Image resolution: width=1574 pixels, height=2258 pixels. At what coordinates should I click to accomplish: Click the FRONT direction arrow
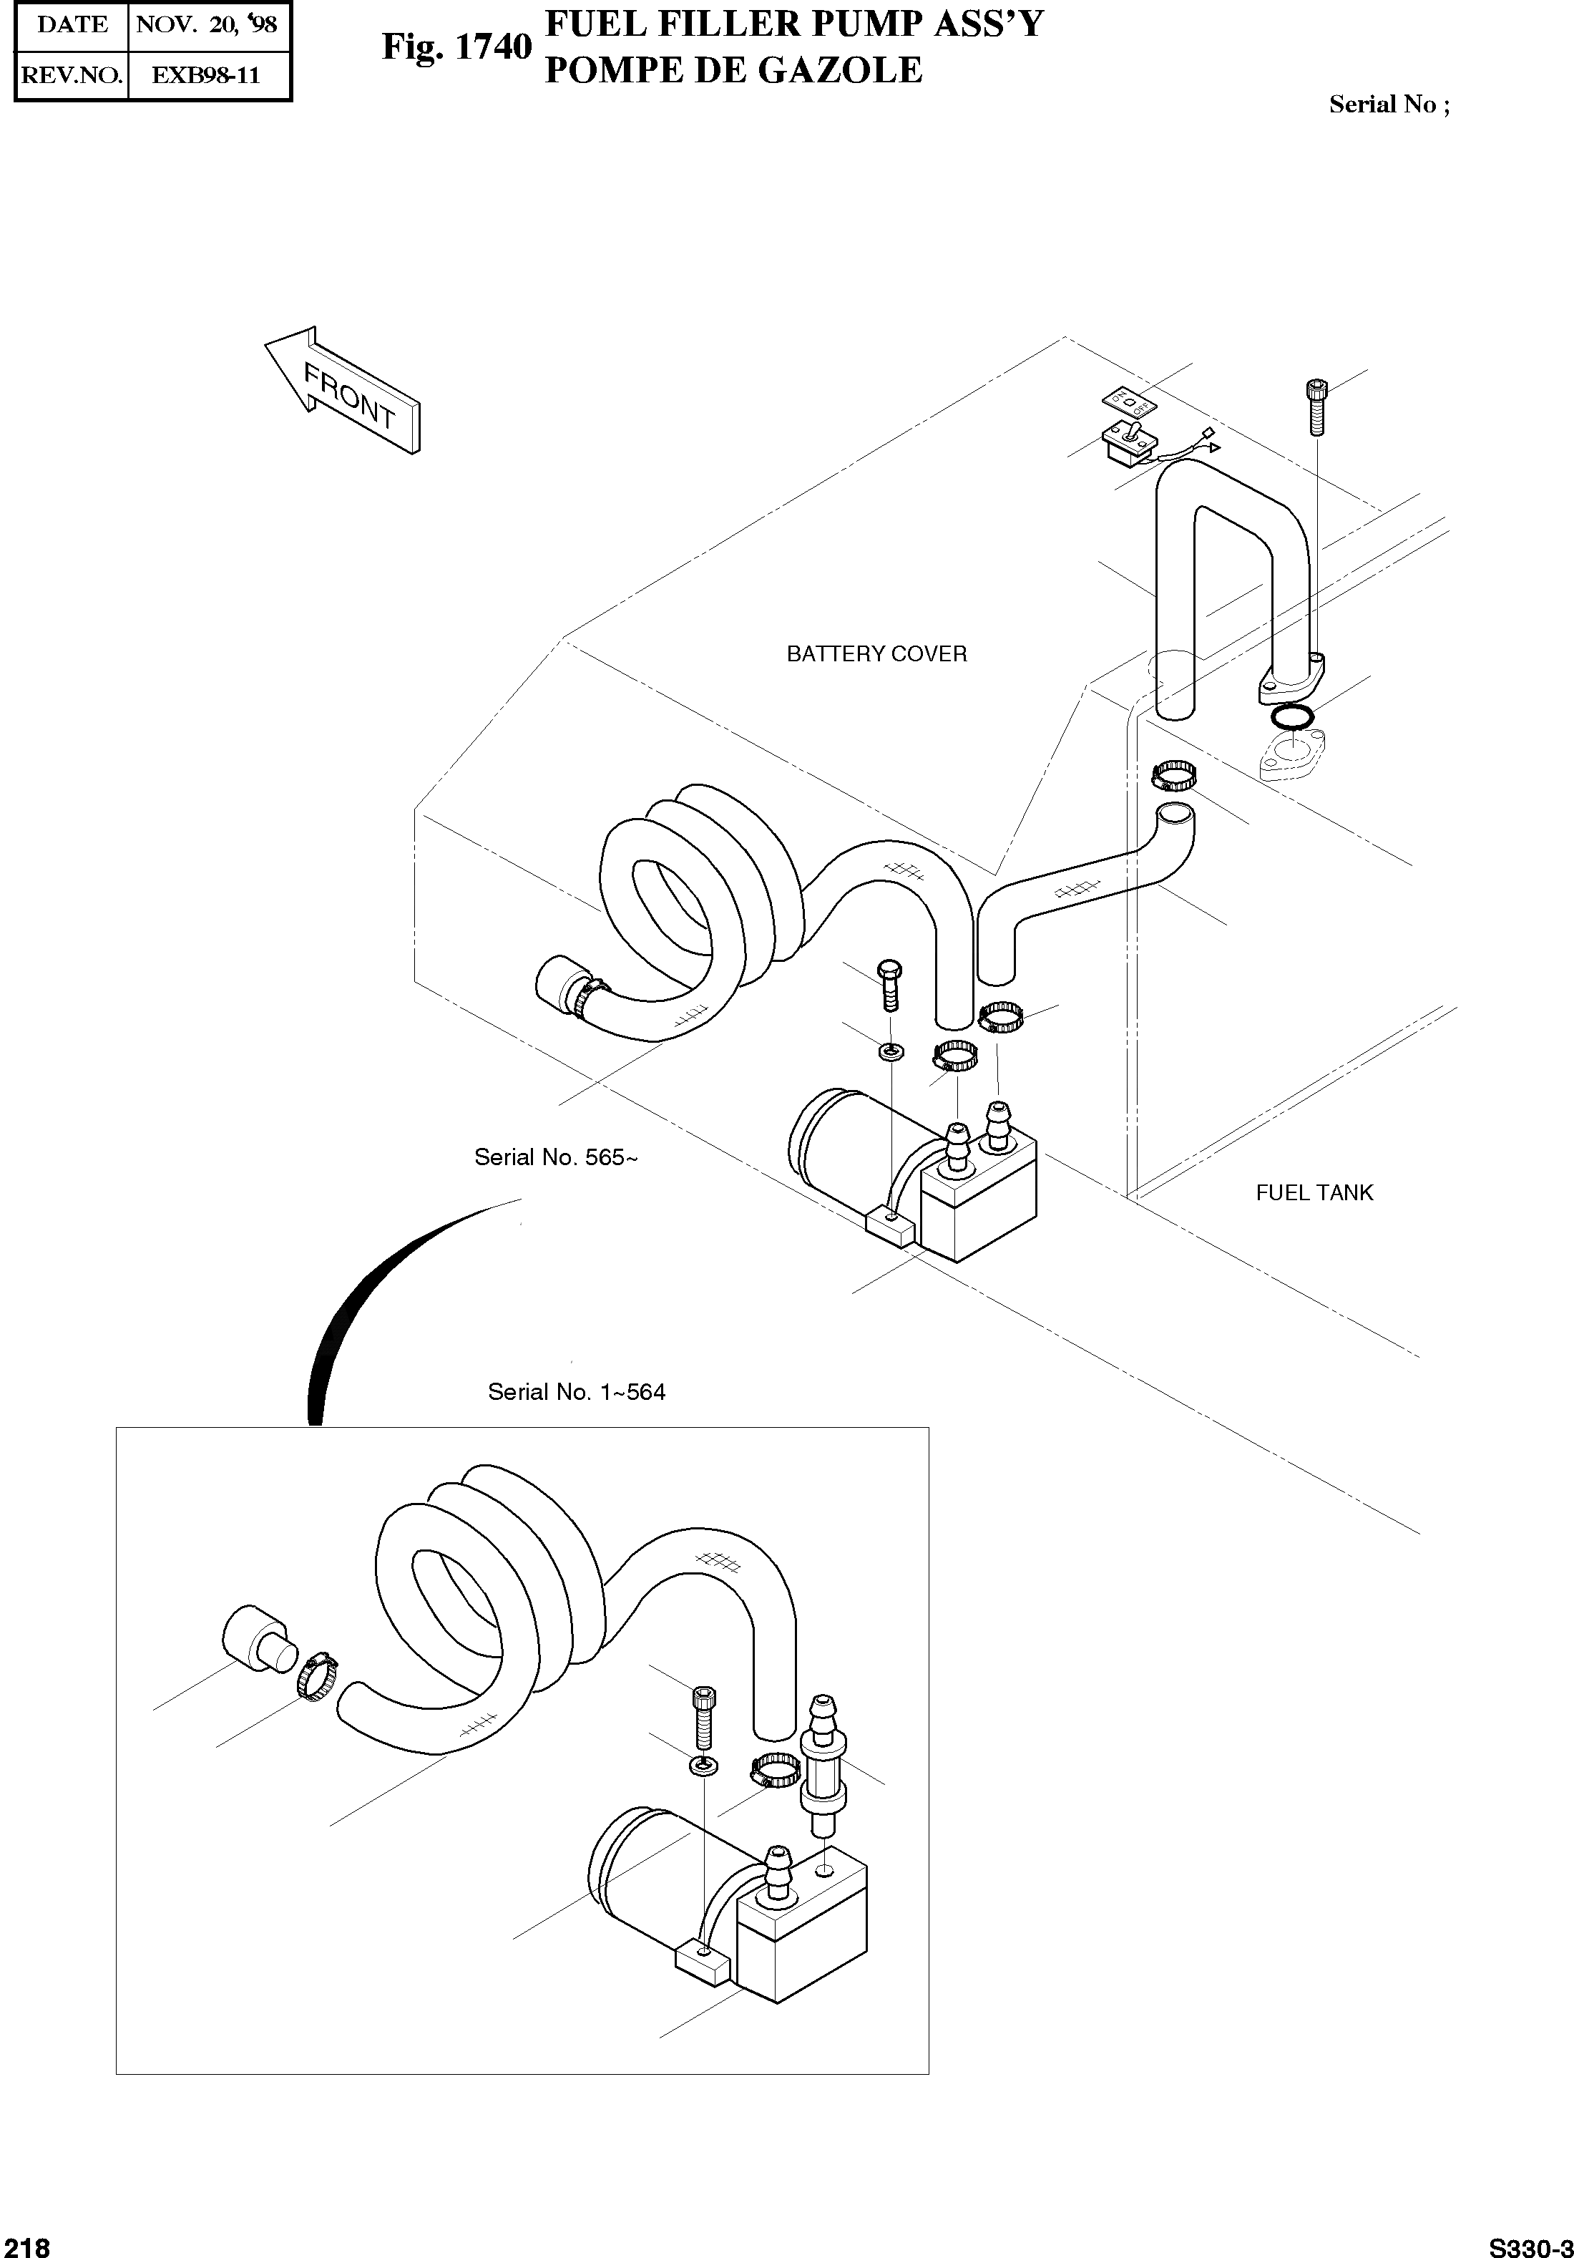(x=344, y=391)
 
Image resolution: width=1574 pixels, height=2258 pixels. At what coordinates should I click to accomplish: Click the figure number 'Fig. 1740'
(x=456, y=47)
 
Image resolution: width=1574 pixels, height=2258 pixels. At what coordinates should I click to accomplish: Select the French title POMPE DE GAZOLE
(x=733, y=70)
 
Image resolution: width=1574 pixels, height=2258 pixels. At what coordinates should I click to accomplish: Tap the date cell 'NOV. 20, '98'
(x=207, y=24)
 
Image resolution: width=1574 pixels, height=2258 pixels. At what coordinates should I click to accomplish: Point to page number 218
(x=26, y=2245)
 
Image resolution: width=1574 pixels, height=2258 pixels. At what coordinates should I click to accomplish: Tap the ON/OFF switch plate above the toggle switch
(x=1130, y=400)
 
